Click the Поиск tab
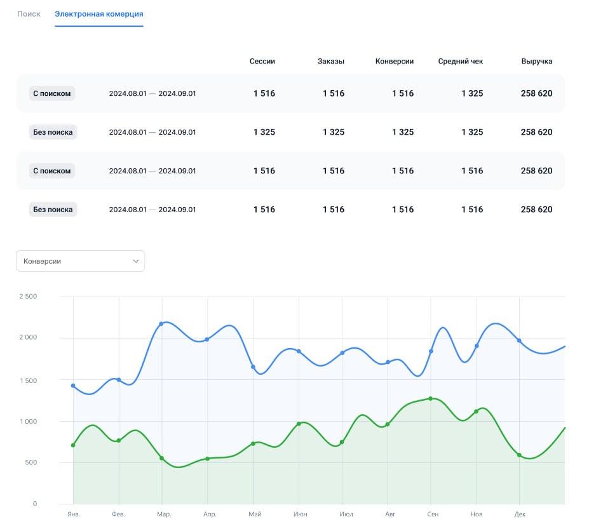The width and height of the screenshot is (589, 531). tap(29, 14)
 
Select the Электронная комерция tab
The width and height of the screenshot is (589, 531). tap(98, 14)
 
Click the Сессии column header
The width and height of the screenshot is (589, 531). tap(262, 61)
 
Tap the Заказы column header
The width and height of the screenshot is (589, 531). tap(331, 61)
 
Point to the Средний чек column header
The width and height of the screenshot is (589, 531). tap(461, 61)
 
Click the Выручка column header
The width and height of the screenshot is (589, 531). tap(537, 61)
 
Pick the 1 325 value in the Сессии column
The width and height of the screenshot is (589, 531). tap(264, 132)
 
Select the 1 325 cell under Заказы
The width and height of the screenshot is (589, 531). tap(334, 132)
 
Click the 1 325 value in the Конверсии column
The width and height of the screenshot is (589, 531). tap(403, 132)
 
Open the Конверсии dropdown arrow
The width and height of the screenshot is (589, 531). tap(136, 261)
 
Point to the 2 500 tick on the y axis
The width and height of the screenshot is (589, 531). tap(28, 296)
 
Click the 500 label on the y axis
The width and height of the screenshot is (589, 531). tap(30, 462)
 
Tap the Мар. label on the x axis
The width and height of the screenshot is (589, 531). tap(164, 514)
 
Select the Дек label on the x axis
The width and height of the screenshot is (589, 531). tap(520, 514)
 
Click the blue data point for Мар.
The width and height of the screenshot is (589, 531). tap(161, 324)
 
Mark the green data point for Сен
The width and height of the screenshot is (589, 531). tap(431, 398)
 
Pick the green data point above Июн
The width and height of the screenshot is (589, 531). tap(299, 424)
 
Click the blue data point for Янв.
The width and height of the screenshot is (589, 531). tap(73, 386)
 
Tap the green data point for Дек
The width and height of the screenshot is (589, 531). tap(519, 455)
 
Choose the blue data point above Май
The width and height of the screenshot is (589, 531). tap(253, 367)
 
